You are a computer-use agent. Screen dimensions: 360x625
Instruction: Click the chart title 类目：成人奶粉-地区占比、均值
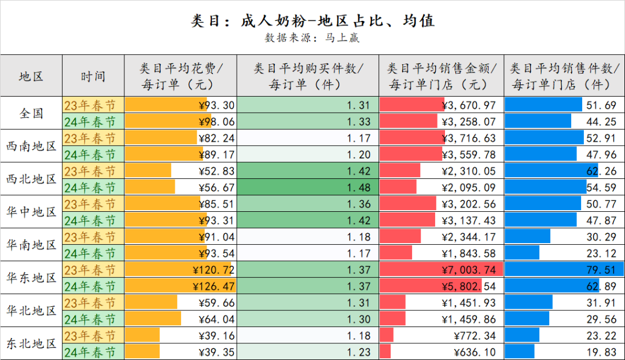[x=312, y=21]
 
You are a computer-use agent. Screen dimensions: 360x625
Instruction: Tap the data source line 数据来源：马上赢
[x=312, y=38]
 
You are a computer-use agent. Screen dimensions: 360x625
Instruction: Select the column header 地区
[x=31, y=76]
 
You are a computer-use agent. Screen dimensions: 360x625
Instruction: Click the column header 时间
[x=93, y=76]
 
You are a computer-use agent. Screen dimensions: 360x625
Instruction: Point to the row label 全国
[x=31, y=113]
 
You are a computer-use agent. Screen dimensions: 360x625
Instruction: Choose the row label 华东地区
[x=31, y=278]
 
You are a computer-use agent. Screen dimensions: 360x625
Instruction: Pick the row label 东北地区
[x=31, y=344]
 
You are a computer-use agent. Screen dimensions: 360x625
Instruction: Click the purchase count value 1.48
[x=358, y=188]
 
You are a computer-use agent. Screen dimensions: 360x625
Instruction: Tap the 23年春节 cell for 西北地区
[x=93, y=171]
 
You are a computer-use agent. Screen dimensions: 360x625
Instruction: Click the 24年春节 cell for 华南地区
[x=93, y=254]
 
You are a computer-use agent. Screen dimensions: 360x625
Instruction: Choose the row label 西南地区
[x=31, y=146]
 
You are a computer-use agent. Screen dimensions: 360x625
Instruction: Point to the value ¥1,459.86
[x=469, y=319]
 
